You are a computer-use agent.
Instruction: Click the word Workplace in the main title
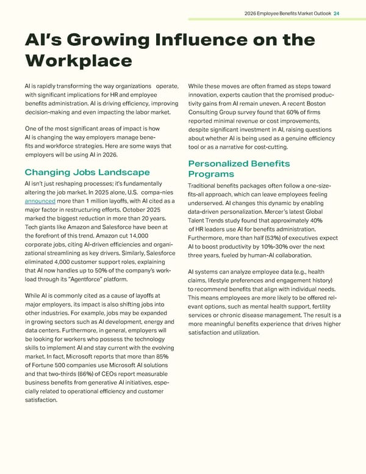(x=79, y=60)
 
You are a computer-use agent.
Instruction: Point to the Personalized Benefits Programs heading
(x=239, y=169)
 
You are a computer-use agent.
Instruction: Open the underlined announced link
(x=41, y=202)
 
